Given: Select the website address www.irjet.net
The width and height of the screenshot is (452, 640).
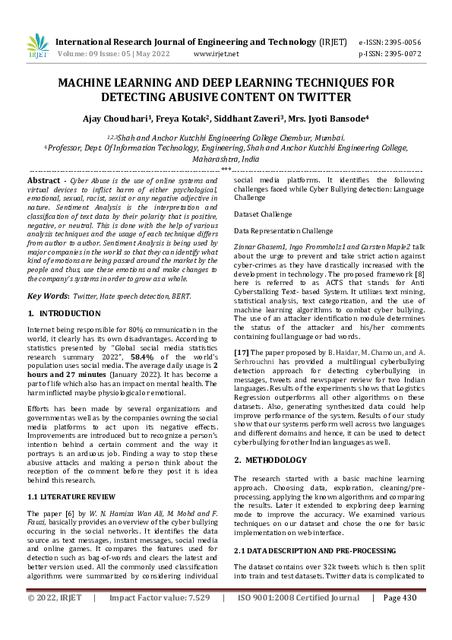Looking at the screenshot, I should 217,54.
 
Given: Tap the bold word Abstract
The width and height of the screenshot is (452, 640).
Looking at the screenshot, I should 43,180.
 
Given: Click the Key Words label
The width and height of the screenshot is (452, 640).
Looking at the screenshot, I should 50,296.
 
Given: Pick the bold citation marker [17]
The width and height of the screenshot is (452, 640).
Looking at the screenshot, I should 242,351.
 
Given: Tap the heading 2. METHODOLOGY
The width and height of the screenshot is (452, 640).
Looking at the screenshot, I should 270,460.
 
